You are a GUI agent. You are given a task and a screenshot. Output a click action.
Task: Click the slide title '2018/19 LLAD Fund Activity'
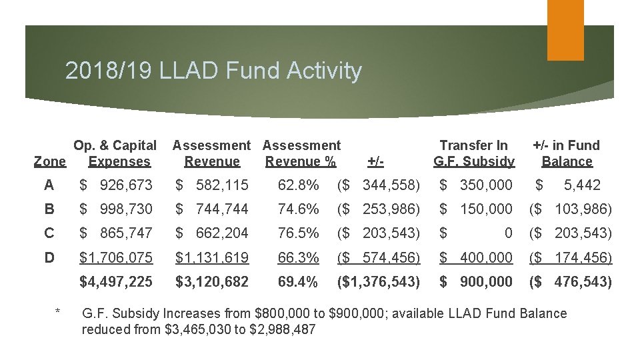[x=213, y=71]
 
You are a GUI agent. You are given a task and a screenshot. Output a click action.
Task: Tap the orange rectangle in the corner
[x=565, y=30]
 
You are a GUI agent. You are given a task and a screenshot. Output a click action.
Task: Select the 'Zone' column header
[x=49, y=161]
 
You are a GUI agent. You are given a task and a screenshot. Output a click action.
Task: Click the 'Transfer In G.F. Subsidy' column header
[x=473, y=153]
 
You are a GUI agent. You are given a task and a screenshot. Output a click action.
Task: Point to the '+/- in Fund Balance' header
[x=567, y=153]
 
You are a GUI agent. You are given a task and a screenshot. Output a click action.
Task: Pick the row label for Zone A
[x=49, y=185]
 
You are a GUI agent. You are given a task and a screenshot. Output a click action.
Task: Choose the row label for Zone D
[x=49, y=257]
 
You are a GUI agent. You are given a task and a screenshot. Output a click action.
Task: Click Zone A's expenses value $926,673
[x=116, y=185]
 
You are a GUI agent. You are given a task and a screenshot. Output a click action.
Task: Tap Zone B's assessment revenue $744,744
[x=212, y=209]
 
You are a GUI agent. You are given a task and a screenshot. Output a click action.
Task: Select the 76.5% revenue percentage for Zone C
[x=298, y=233]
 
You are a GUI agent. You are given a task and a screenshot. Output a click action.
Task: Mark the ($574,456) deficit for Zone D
[x=379, y=257]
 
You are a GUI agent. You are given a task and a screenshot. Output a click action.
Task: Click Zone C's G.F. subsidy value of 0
[x=508, y=233]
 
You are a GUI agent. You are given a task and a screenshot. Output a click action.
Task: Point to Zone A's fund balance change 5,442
[x=581, y=185]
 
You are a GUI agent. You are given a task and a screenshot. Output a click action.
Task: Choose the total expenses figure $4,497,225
[x=116, y=282]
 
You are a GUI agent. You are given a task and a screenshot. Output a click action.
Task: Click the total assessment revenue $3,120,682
[x=212, y=282]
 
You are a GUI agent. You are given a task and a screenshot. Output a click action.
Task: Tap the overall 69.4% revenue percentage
[x=298, y=282]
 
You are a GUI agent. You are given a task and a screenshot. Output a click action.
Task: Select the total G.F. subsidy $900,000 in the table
[x=476, y=282]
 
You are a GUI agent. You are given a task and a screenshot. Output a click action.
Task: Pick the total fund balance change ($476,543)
[x=570, y=282]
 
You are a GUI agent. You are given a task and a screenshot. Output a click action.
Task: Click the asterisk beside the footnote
[x=59, y=311]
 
